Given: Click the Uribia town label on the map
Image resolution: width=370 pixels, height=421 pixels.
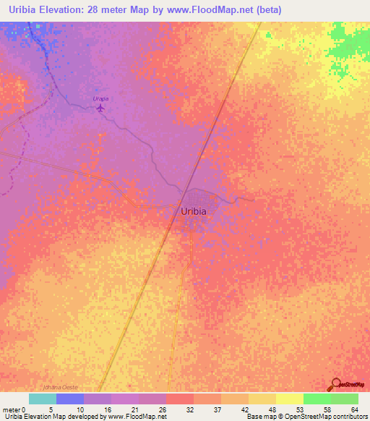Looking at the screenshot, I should click(192, 211).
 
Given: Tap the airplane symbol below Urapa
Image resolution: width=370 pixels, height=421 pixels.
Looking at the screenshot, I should click(100, 109).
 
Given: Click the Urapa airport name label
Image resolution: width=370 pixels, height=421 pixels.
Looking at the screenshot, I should click(100, 98).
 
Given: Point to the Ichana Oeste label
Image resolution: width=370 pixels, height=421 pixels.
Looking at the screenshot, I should click(60, 388).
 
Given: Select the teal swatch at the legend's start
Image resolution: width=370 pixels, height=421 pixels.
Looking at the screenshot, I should click(42, 399).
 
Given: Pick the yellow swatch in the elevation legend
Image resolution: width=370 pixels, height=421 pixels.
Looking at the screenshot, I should click(289, 399).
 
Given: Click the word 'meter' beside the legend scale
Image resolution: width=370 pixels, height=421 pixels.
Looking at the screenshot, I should click(11, 409).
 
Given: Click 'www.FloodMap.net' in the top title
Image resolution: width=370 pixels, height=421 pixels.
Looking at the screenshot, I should click(217, 10).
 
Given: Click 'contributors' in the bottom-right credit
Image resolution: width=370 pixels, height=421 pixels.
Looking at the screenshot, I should click(349, 417).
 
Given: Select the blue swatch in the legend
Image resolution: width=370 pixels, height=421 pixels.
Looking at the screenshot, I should click(69, 399).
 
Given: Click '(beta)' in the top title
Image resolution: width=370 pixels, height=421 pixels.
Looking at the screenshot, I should click(267, 10).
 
